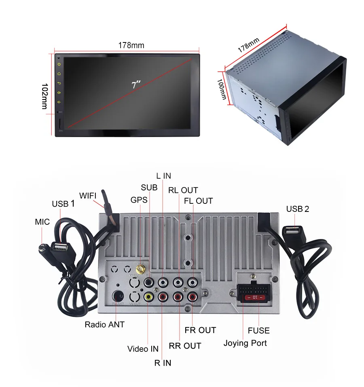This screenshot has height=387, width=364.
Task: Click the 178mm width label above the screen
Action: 131,45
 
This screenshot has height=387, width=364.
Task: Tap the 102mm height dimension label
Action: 44,96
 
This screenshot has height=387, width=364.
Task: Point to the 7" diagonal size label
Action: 136,85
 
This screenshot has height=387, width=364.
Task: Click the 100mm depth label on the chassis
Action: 222,89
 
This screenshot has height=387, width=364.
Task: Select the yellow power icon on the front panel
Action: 59,64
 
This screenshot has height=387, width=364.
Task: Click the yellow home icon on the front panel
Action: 59,74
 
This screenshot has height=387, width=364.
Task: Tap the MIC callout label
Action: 42,222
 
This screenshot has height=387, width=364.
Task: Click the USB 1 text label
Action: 63,204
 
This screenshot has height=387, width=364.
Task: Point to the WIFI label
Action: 88,196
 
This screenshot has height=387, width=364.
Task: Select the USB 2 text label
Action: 298,209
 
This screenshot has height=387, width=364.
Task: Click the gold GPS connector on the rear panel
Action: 140,269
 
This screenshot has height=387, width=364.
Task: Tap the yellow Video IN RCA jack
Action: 148,296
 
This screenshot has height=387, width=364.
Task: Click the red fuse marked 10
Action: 255,297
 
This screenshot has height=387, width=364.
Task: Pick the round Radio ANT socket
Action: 118,296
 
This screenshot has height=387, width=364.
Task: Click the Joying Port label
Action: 245,343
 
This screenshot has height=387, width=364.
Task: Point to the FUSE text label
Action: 258,330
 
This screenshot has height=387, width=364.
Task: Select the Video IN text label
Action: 143,349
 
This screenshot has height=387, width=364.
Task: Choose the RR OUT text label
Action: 185,346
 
